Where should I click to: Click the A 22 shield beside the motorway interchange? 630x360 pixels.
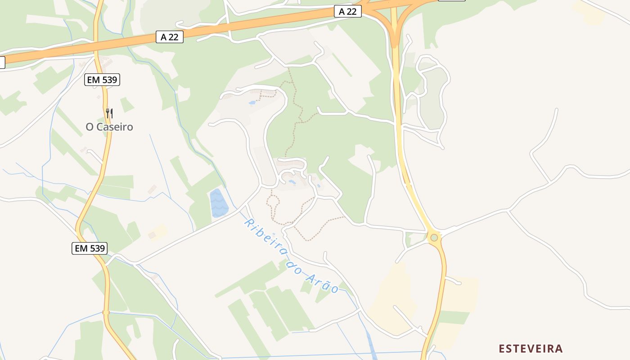point(348,12)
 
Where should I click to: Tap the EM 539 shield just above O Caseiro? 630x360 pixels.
point(102,80)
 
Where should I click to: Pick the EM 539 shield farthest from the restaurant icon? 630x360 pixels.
point(90,248)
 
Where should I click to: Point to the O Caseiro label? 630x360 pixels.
point(109,127)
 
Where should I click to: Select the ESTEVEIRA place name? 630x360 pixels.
point(531,348)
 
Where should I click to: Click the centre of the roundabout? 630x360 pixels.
point(434,238)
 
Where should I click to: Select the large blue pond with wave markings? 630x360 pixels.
point(219,203)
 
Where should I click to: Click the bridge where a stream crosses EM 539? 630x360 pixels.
point(106,312)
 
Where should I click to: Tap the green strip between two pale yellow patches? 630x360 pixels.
point(454,317)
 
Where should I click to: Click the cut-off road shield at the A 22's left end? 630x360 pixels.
point(2,63)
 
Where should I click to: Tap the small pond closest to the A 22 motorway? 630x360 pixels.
point(252,103)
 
